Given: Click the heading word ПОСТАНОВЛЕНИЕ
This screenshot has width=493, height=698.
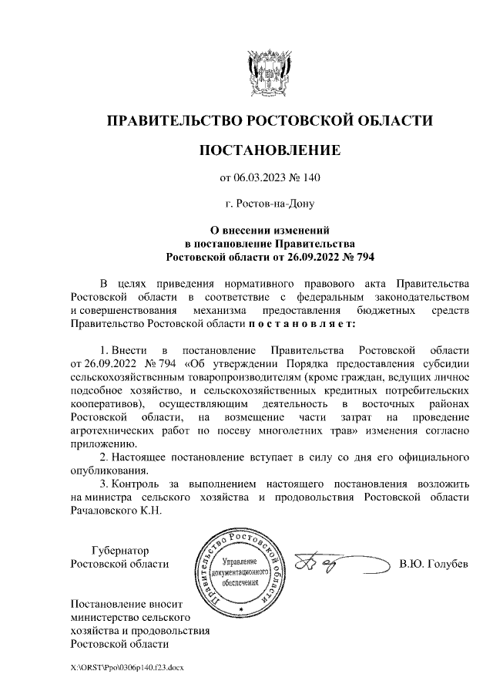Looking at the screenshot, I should (270, 150).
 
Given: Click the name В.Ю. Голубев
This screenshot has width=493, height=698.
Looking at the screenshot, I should (434, 564).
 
